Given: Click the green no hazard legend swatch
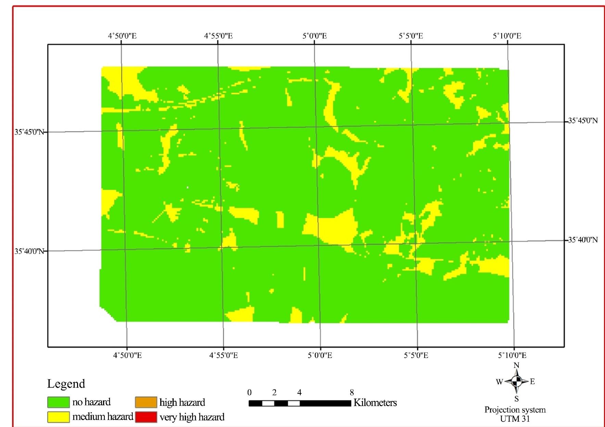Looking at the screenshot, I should (x=58, y=402).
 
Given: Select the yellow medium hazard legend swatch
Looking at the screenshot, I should (x=58, y=417).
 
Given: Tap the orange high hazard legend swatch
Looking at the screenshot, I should (x=146, y=402).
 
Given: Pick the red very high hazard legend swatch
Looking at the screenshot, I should (x=146, y=417).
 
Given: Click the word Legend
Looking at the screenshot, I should (x=66, y=384).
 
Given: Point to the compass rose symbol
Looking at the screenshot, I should (x=517, y=381).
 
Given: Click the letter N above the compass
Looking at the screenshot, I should (x=517, y=365).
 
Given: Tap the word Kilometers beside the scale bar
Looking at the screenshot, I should (x=375, y=403).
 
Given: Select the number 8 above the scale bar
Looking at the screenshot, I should (x=352, y=392).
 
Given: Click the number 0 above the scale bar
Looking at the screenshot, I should (x=250, y=392).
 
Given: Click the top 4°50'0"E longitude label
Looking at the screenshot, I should (x=122, y=36).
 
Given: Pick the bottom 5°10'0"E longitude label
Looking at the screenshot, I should (x=512, y=355).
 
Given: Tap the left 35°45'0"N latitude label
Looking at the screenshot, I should (x=29, y=132).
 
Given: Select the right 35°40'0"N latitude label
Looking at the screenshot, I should (x=583, y=240).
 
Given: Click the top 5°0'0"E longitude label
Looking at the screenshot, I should (x=315, y=36).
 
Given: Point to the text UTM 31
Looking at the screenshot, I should (x=515, y=419).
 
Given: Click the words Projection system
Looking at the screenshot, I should (x=515, y=410).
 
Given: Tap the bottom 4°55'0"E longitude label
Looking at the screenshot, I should (x=224, y=355).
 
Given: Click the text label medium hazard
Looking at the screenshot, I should (x=103, y=417).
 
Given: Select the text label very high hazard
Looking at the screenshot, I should (x=192, y=417).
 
